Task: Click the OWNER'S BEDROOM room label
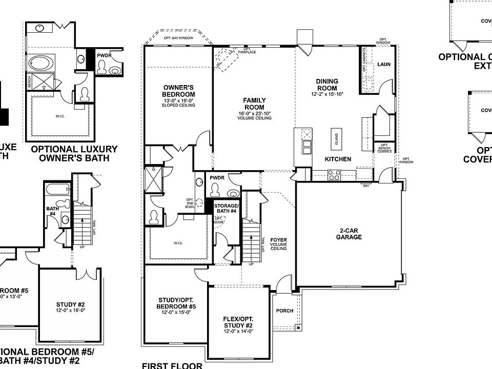[178, 91]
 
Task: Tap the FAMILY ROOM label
[254, 104]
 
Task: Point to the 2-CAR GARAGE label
[349, 233]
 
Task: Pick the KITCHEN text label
[338, 159]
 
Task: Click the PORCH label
[284, 311]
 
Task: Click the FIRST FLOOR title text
[172, 365]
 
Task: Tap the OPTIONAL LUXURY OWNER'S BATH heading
[74, 154]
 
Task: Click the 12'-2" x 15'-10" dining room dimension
[326, 94]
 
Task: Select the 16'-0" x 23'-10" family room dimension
[254, 113]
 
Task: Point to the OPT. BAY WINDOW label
[178, 38]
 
